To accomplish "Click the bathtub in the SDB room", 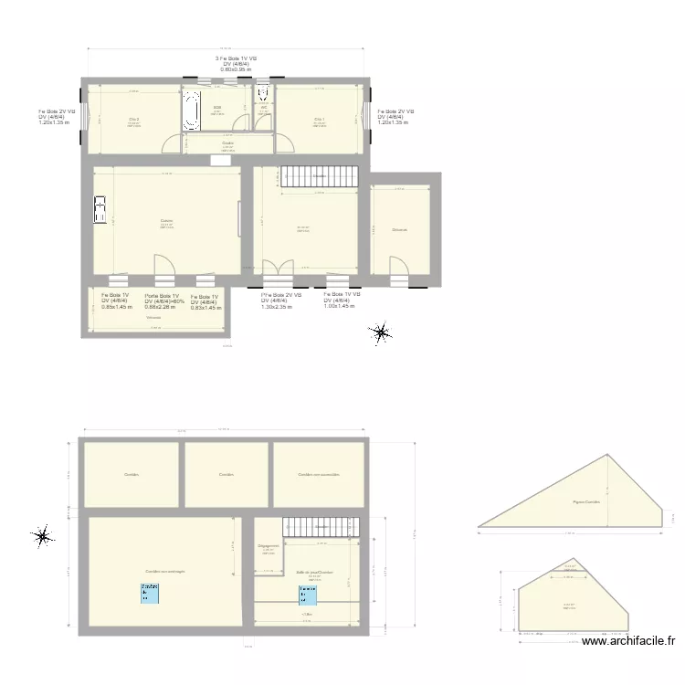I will tap(192, 110).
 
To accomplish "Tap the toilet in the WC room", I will tap(263, 95).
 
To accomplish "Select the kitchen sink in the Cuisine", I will tap(100, 209).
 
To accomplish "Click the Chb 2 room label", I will tap(133, 119).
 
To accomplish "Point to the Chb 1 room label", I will tap(319, 119).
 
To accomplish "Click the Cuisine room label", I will tap(166, 221).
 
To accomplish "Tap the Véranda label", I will tap(153, 318).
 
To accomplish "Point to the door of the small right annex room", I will tap(399, 268).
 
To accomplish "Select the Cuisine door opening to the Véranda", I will tap(164, 269).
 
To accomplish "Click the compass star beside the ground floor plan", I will tap(380, 334).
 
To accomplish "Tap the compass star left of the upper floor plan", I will tap(41, 537).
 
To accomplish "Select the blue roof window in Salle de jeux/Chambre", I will tap(308, 595).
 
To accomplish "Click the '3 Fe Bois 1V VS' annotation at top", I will tap(236, 58).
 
